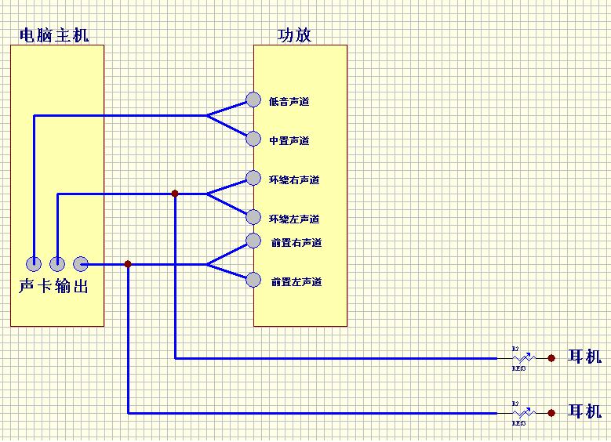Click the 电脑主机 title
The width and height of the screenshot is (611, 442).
tap(53, 35)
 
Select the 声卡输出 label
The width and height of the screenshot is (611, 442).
tap(53, 287)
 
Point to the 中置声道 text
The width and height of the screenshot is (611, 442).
tap(289, 141)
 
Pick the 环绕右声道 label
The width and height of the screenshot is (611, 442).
tap(294, 180)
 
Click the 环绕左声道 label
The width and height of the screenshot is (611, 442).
tap(294, 219)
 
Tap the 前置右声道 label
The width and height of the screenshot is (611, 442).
tap(296, 243)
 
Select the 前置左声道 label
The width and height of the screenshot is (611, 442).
tap(296, 282)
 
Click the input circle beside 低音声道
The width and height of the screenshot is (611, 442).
tap(253, 100)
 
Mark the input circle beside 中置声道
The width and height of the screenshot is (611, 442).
tap(253, 139)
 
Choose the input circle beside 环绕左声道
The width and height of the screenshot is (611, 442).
tap(253, 217)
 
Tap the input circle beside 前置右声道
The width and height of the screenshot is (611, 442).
tap(253, 240)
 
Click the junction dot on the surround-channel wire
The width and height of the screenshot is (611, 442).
tap(175, 194)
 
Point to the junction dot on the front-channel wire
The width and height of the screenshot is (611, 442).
tap(128, 264)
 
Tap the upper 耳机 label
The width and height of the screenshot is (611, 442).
tap(584, 358)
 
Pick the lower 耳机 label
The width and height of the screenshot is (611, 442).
tap(584, 412)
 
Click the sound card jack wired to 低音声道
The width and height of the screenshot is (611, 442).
tap(34, 263)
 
